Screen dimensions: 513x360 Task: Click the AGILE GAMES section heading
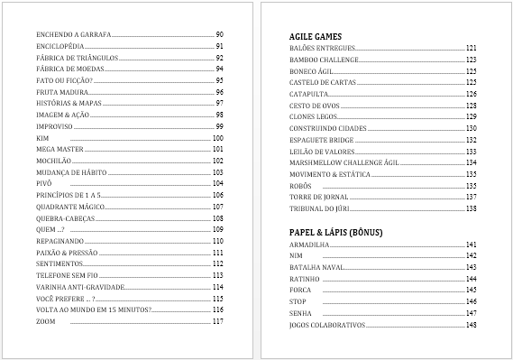coord(308,35)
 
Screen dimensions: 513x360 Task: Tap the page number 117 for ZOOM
coord(217,321)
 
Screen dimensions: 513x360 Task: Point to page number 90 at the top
coord(219,33)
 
